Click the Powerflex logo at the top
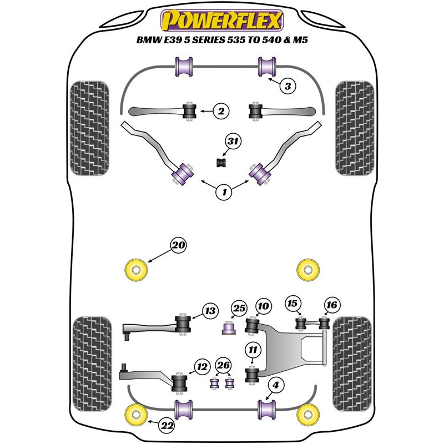pos(221,20)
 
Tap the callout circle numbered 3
pos(287,86)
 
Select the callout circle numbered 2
pos(221,111)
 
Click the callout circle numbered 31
pos(233,142)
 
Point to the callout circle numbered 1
pos(224,192)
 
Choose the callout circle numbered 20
pos(178,245)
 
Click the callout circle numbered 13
pos(210,311)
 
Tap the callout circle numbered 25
pos(239,309)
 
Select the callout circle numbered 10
pos(263,306)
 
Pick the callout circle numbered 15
pos(293,304)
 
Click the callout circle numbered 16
pos(331,305)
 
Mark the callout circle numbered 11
pos(253,350)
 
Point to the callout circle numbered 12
pos(202,367)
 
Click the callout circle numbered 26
pos(223,365)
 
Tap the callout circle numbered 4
pos(275,385)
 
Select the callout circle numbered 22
pos(167,425)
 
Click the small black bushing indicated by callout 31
pos(221,163)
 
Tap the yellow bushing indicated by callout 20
pos(136,270)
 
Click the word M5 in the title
pos(300,39)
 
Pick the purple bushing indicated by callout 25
pos(229,328)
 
